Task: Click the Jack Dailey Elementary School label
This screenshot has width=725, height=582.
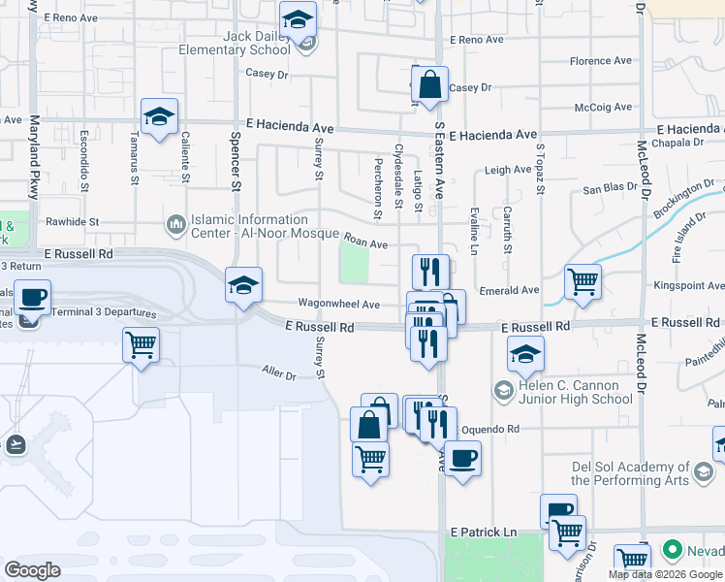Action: [256, 43]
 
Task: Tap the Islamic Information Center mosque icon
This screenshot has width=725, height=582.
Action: [175, 225]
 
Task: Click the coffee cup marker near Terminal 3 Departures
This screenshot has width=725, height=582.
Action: [32, 298]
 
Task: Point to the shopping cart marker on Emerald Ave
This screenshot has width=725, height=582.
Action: [583, 282]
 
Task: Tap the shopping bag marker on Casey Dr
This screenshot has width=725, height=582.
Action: [430, 84]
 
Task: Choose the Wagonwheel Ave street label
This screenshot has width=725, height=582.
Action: [338, 304]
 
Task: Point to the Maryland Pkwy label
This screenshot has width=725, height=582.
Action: [34, 158]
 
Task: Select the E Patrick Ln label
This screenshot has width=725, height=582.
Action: [484, 533]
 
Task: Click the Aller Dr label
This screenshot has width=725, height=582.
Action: [278, 371]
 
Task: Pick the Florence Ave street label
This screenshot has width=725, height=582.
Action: [601, 61]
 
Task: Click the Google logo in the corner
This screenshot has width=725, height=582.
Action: [33, 570]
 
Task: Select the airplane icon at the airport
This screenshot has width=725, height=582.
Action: [15, 444]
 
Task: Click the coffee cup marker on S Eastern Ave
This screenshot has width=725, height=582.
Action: [462, 457]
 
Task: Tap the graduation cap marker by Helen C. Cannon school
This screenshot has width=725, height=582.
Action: [526, 356]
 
